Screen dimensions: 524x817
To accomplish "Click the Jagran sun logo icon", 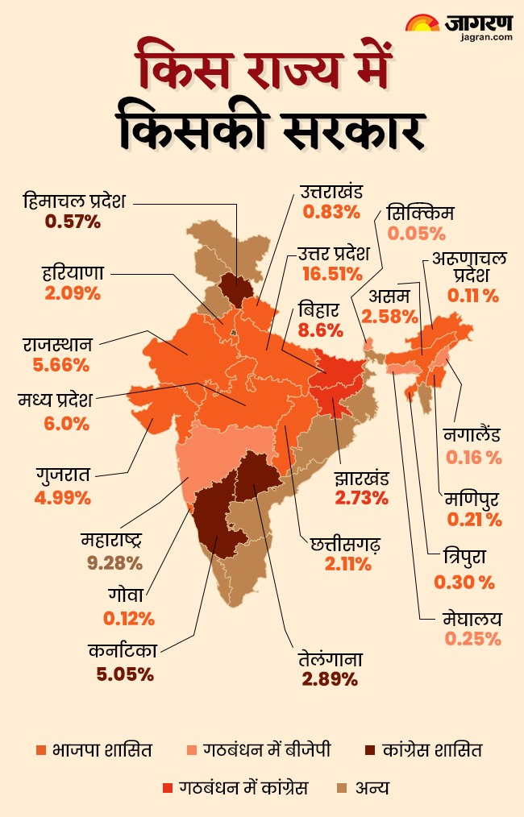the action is [x=422, y=23].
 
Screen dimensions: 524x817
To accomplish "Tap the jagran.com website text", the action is [x=486, y=37].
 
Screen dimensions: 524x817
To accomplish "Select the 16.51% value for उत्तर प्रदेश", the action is [x=332, y=274].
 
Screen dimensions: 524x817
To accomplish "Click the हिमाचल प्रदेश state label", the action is [x=74, y=201].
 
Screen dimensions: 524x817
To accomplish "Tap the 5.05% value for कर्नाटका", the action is [x=125, y=674].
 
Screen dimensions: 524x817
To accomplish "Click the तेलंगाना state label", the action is [x=330, y=659].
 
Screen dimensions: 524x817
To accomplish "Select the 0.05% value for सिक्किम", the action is [x=417, y=234].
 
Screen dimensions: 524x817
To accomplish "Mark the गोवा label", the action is [x=125, y=595].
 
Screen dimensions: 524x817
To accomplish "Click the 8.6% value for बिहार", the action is [x=321, y=330].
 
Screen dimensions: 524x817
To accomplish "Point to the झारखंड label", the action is [x=362, y=478].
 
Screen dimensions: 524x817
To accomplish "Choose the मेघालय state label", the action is [x=472, y=619].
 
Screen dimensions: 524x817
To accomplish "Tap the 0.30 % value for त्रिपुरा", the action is [x=464, y=582].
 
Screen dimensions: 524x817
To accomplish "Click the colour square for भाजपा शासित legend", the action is [x=41, y=750].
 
